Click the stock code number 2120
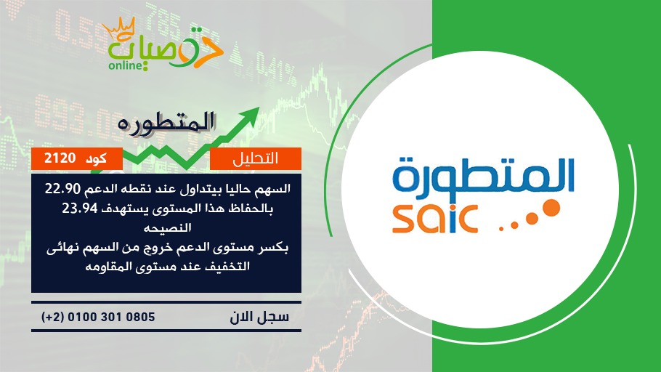[x=60, y=158]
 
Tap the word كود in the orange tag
[x=96, y=158]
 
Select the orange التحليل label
[x=256, y=158]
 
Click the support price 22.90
[x=62, y=190]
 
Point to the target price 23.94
[x=80, y=209]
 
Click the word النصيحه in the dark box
[x=167, y=228]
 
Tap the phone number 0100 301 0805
[x=111, y=317]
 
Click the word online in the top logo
[x=125, y=65]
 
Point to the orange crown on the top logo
[x=118, y=28]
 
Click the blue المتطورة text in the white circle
[x=484, y=175]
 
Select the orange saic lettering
[x=434, y=219]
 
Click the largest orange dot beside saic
[x=550, y=209]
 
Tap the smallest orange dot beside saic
[x=501, y=229]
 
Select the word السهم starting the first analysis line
[x=273, y=190]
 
